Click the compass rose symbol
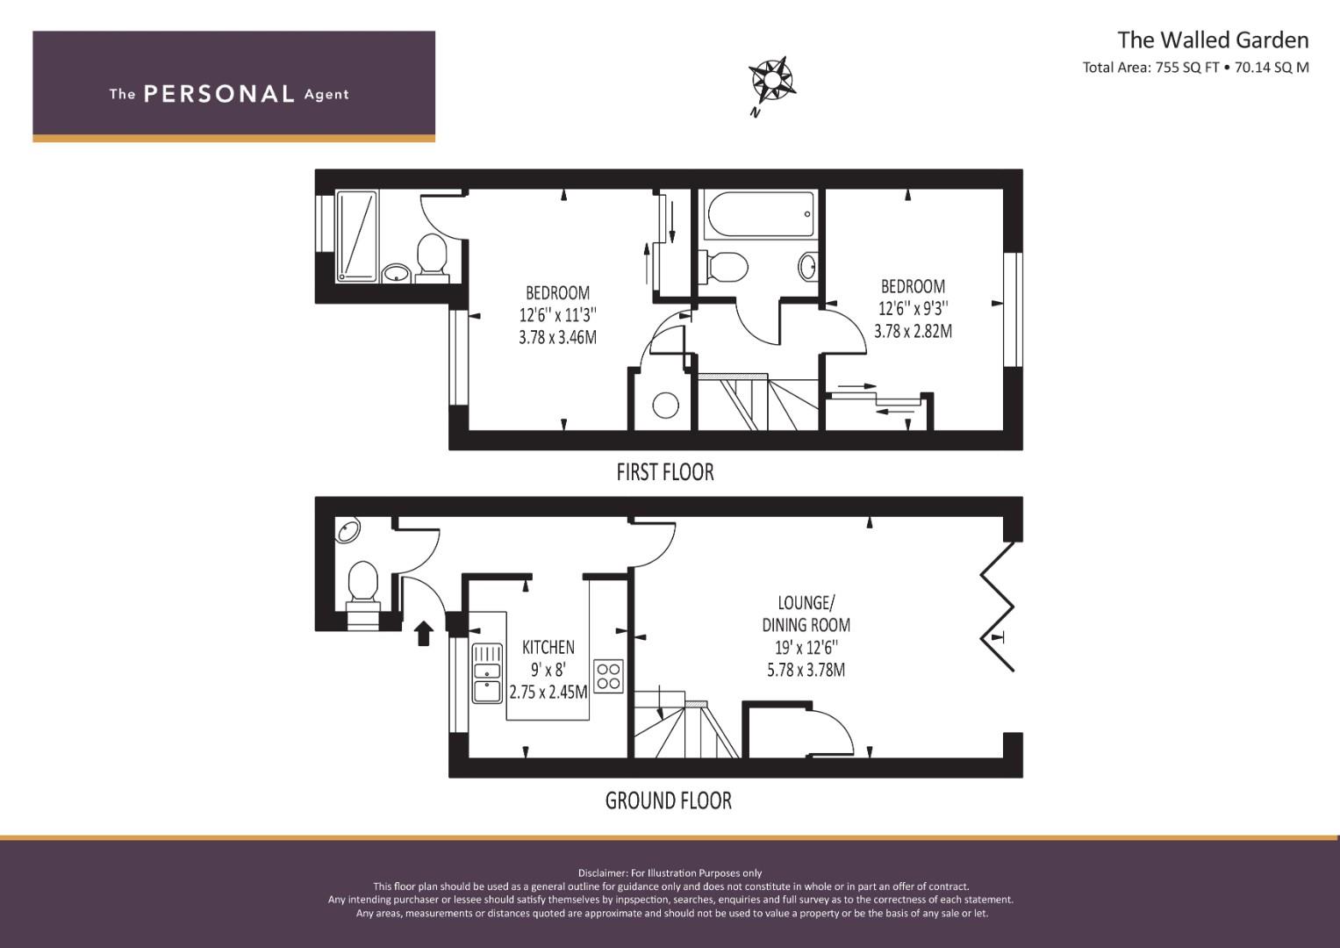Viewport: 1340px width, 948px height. tap(772, 82)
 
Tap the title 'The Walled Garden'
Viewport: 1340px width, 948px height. tap(1212, 39)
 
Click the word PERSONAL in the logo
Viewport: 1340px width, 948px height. tap(219, 94)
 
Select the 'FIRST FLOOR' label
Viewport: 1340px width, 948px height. tap(665, 472)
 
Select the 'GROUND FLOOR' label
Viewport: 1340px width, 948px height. tap(668, 801)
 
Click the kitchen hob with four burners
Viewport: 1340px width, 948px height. tap(609, 676)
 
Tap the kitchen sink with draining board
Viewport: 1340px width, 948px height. tap(486, 674)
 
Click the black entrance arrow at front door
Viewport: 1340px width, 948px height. tap(423, 632)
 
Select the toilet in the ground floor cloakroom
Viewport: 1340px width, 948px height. tap(362, 585)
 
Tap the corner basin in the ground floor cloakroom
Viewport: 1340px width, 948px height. tap(348, 531)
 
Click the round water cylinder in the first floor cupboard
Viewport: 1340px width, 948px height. tap(665, 406)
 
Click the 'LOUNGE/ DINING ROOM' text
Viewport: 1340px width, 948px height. tap(806, 614)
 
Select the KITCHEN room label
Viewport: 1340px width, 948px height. tap(548, 648)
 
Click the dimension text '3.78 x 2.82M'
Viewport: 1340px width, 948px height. tap(913, 331)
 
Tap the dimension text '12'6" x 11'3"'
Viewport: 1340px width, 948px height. tap(558, 315)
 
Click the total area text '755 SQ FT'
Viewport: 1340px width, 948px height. tap(1187, 68)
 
